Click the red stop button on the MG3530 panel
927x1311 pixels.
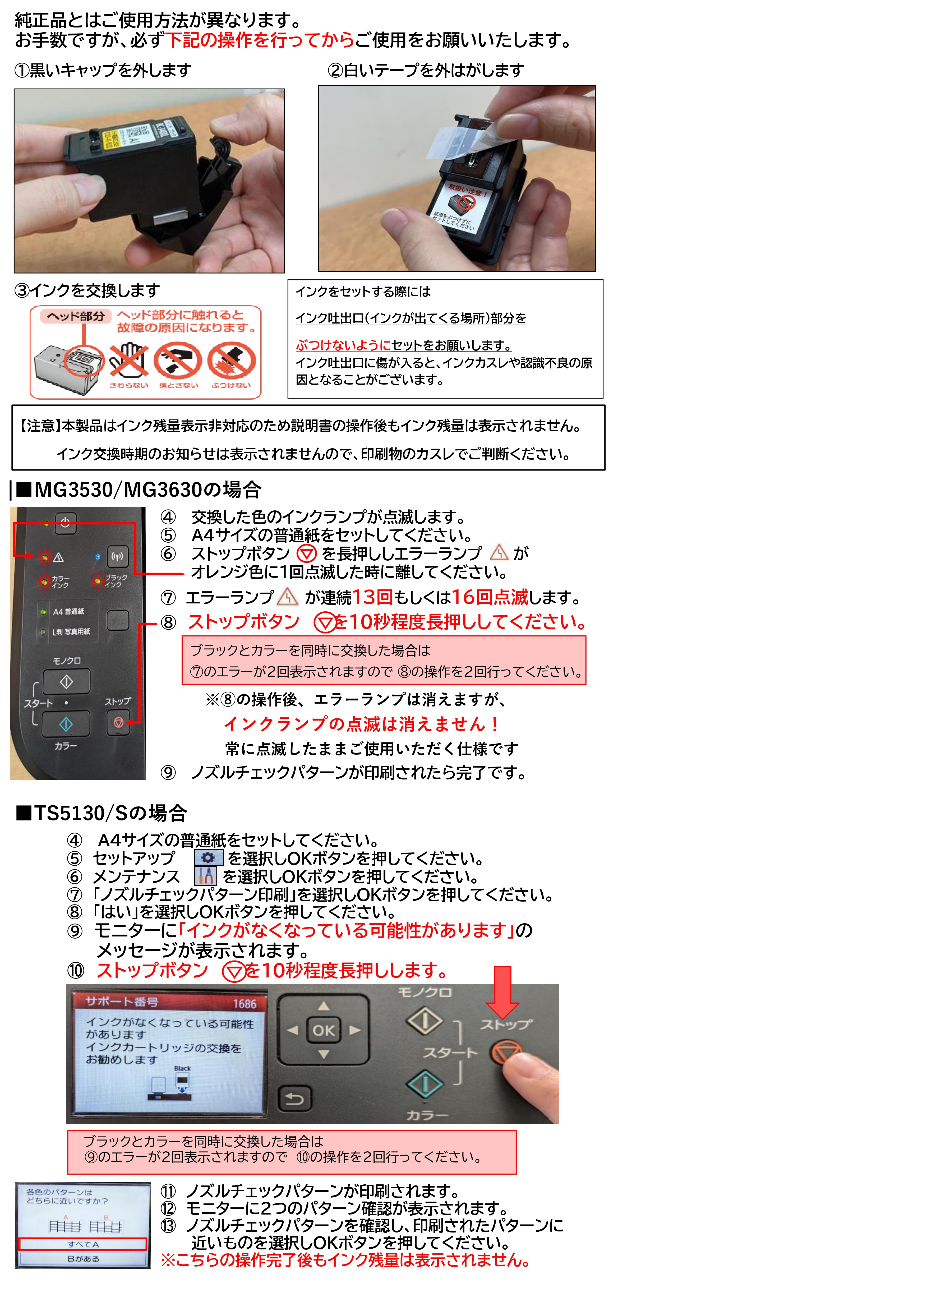click(118, 722)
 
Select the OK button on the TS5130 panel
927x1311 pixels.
click(324, 1030)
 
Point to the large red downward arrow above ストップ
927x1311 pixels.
click(503, 993)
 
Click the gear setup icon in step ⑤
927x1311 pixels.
click(208, 858)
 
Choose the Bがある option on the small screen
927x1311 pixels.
click(83, 1258)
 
